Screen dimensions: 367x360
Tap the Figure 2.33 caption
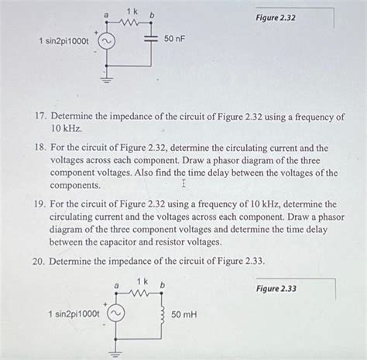pyautogui.click(x=276, y=290)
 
